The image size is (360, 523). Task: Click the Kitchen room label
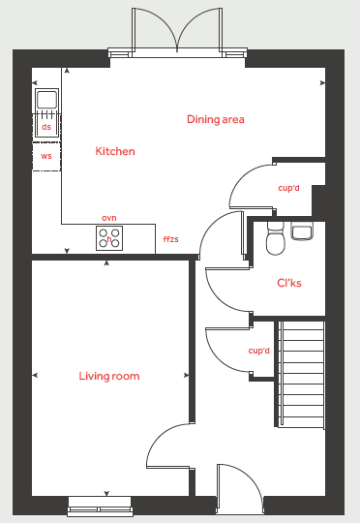(115, 151)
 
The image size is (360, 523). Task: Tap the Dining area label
(216, 119)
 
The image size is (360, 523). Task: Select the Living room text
(109, 376)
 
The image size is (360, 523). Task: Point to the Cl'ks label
(289, 283)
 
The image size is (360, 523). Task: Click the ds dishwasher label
(46, 127)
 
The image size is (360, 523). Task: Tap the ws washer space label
(46, 156)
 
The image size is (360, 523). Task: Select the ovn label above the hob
(109, 218)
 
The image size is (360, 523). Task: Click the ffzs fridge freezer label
(170, 239)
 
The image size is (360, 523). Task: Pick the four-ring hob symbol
(109, 238)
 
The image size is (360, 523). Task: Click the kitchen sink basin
(47, 99)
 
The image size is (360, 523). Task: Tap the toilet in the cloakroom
(276, 238)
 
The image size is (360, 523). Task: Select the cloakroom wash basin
(302, 231)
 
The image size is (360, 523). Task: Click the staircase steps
(301, 375)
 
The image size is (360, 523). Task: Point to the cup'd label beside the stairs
(259, 351)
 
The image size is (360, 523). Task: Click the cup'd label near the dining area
(288, 188)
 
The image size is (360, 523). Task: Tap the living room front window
(100, 505)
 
